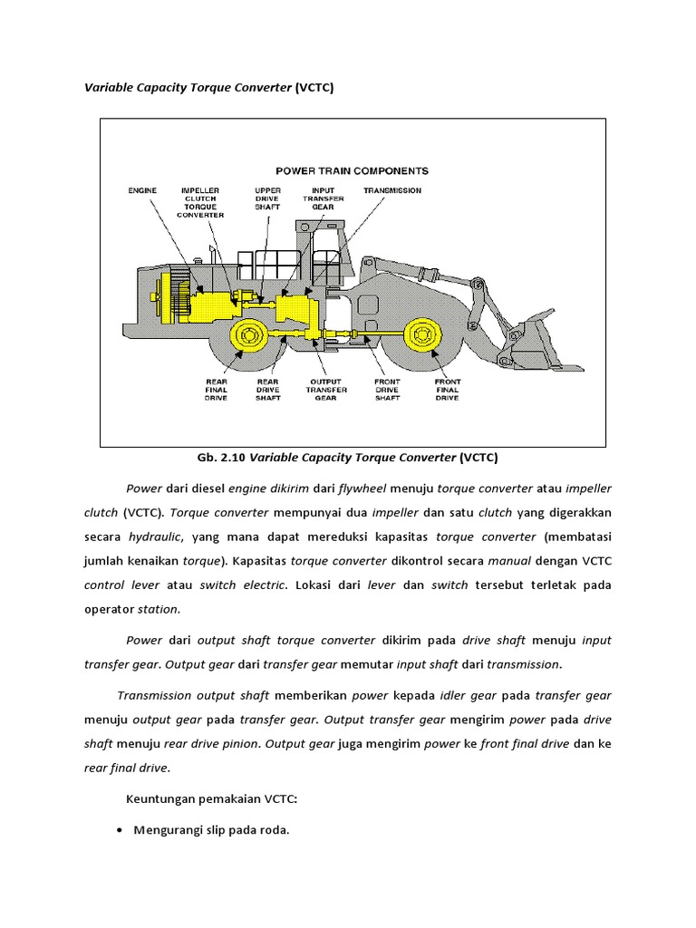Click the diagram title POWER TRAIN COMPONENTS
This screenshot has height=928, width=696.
point(353,170)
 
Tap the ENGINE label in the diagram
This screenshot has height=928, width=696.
point(142,191)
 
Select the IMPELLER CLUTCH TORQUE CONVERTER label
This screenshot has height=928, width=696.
point(200,203)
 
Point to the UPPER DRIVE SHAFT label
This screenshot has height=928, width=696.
point(267,198)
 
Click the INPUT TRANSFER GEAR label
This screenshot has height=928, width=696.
point(324,198)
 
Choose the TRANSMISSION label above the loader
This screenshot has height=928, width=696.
point(391,191)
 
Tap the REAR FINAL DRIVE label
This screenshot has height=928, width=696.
point(217,390)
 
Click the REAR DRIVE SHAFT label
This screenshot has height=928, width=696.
point(267,390)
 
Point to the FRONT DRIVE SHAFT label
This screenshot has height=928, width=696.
point(387,390)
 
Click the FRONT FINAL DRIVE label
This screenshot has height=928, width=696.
point(447,390)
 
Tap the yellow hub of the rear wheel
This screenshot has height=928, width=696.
point(246,335)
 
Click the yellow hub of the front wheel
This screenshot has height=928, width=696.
point(421,335)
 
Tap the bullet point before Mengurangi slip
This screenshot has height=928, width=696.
point(120,829)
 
